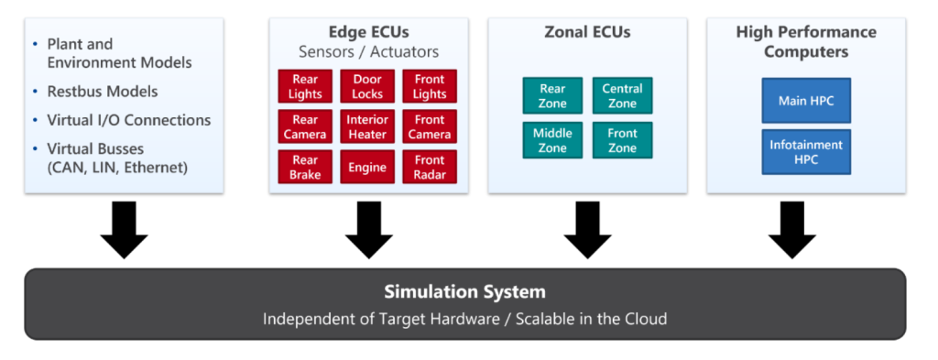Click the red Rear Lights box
point(305,87)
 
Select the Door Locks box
point(367,87)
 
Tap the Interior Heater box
point(367,127)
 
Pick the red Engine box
point(367,168)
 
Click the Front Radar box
point(430,168)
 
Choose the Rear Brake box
point(305,168)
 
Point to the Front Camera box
point(430,127)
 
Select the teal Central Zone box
point(622,96)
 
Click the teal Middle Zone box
point(552,140)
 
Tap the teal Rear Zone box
point(552,96)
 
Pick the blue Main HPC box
point(806,101)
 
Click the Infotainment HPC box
point(806,152)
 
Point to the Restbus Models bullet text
point(102,92)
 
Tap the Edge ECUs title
point(368,32)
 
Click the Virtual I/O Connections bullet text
point(128,120)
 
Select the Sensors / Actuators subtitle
point(368,51)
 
